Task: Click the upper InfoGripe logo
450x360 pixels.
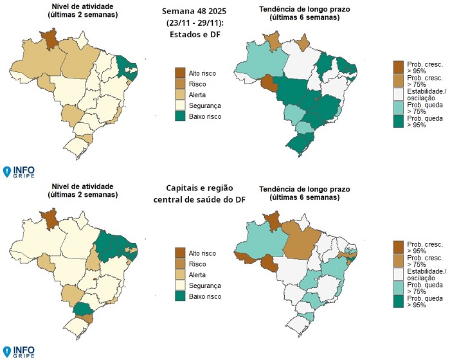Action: point(19,172)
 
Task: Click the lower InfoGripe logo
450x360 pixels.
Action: point(19,351)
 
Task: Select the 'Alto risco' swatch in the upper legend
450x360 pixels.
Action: point(181,73)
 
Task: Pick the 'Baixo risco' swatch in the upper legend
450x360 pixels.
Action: point(181,116)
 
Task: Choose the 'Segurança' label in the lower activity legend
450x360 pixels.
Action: point(207,285)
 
